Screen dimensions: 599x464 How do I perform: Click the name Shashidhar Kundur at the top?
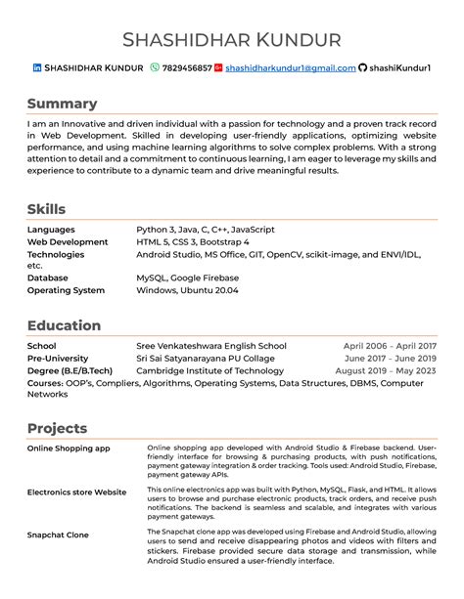click(232, 40)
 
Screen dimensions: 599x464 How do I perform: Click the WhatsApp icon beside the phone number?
click(155, 68)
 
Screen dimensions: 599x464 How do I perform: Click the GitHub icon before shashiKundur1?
click(363, 68)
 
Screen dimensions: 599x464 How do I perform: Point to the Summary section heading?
click(62, 104)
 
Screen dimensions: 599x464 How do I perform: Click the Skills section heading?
click(46, 209)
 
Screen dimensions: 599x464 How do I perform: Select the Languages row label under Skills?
click(51, 229)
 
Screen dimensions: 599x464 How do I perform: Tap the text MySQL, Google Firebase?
click(187, 278)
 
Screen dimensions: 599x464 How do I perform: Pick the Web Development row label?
click(68, 241)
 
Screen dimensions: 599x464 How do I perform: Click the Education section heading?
click(64, 325)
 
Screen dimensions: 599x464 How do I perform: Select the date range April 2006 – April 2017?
click(390, 346)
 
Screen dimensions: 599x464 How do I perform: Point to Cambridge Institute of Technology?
click(209, 371)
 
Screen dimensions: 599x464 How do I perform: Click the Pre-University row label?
click(58, 359)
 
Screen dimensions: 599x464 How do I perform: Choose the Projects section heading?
click(57, 428)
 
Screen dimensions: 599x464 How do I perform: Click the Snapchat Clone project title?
click(58, 535)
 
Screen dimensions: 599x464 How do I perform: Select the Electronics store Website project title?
click(76, 492)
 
